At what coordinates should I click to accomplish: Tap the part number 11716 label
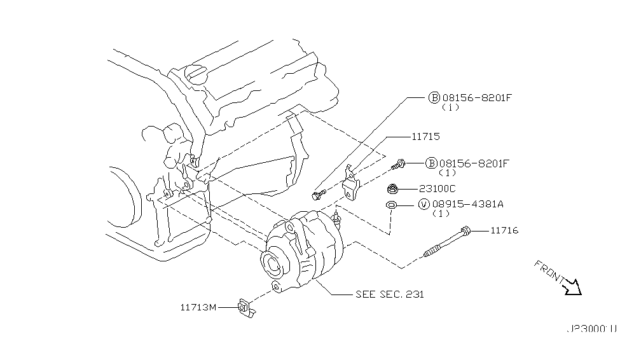pos(504,230)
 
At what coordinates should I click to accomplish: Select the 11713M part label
pos(198,307)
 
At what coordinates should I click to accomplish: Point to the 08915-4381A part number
pos(470,204)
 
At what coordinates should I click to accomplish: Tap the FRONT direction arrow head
pos(574,287)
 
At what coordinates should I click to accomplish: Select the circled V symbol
pos(423,204)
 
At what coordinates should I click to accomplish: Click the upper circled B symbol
pos(433,98)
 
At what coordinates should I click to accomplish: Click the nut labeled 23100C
pos(393,188)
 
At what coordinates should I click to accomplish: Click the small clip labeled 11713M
pos(245,308)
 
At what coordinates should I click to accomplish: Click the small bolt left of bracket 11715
pos(318,193)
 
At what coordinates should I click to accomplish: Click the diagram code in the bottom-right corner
pos(591,329)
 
